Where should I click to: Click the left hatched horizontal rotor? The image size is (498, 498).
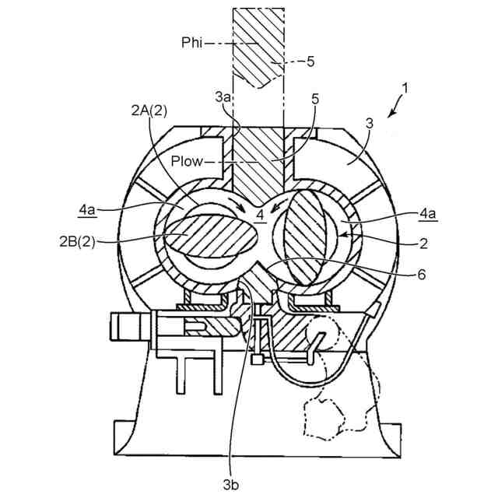tap(205, 233)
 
